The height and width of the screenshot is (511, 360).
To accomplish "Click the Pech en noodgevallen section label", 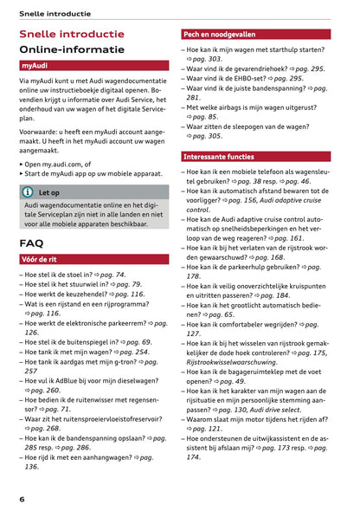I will pyautogui.click(x=219, y=35).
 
